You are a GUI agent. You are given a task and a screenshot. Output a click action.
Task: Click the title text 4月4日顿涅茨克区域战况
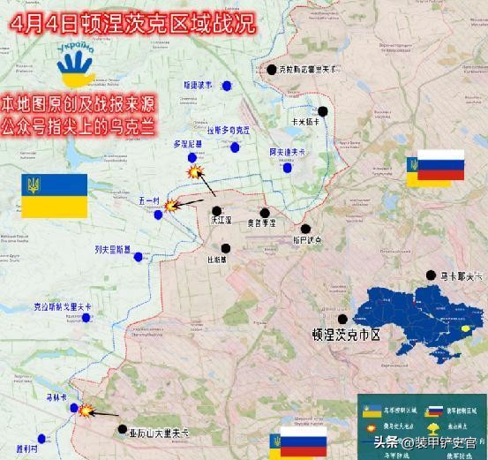pyautogui.click(x=127, y=22)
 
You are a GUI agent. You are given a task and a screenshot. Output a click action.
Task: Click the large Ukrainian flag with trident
pyautogui.click(x=54, y=196)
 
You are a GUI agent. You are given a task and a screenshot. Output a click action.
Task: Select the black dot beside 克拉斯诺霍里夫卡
pyautogui.click(x=272, y=70)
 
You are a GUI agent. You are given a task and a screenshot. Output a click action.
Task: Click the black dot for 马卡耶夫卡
pyautogui.click(x=431, y=276)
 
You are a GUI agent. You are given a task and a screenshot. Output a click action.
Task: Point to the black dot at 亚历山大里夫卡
pyautogui.click(x=123, y=429)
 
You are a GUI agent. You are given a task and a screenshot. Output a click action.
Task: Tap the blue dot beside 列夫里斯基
pyautogui.click(x=138, y=257)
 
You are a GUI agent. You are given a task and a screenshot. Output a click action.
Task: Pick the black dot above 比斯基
pyautogui.click(x=226, y=249)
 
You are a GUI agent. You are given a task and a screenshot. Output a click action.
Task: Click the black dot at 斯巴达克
pyautogui.click(x=305, y=229)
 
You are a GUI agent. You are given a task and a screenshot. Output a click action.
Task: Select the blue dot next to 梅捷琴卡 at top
pyautogui.click(x=228, y=86)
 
